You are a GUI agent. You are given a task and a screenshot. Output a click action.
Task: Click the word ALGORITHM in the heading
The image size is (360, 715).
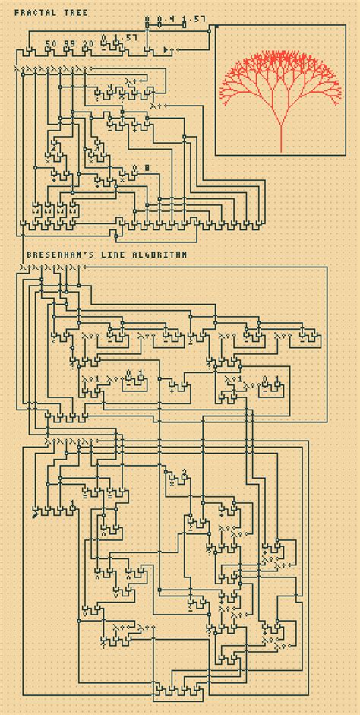pyautogui.click(x=157, y=256)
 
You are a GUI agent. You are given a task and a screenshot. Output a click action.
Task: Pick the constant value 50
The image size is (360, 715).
pyautogui.click(x=51, y=43)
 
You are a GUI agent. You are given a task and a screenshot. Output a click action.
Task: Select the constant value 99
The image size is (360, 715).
pyautogui.click(x=70, y=43)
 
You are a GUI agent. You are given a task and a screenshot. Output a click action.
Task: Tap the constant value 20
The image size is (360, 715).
pyautogui.click(x=88, y=43)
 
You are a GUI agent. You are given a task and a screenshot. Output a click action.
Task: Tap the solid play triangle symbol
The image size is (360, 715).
pyautogui.click(x=166, y=49)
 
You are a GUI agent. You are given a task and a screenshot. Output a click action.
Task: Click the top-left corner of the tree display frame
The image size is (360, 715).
pyautogui.click(x=215, y=26)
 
